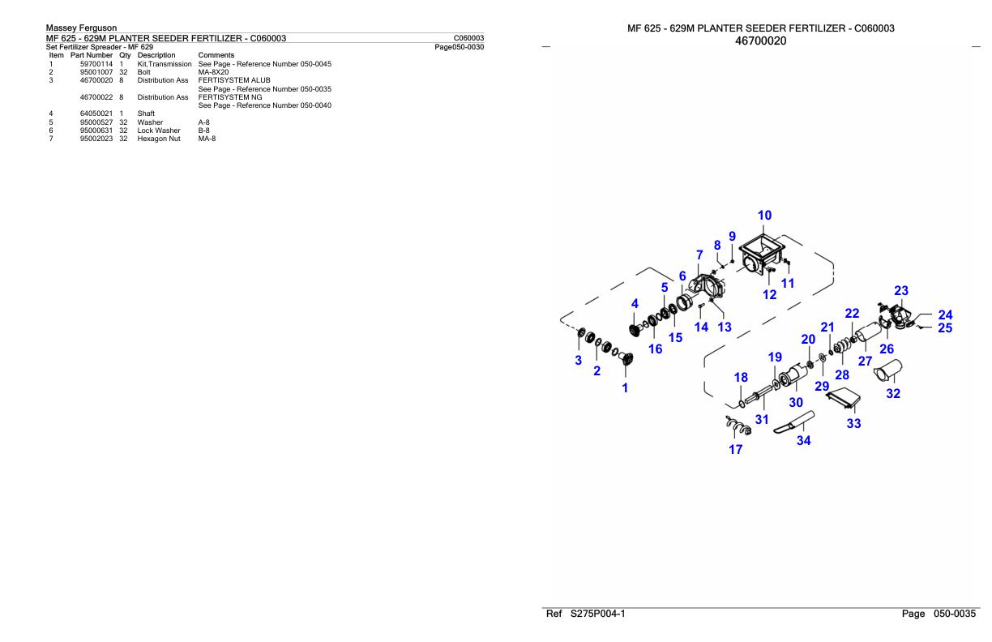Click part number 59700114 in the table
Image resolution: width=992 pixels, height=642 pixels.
pyautogui.click(x=96, y=64)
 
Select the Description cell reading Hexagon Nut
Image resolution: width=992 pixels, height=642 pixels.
pyautogui.click(x=159, y=139)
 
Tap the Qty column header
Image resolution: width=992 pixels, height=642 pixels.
pyautogui.click(x=125, y=55)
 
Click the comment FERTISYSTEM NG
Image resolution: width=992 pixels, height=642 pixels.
pyautogui.click(x=230, y=97)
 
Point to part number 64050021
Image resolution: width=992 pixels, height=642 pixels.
pyautogui.click(x=96, y=113)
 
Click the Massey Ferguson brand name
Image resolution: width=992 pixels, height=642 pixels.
pyautogui.click(x=81, y=28)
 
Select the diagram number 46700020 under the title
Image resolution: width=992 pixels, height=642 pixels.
pyautogui.click(x=760, y=41)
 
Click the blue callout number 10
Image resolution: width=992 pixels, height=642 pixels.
pyautogui.click(x=764, y=216)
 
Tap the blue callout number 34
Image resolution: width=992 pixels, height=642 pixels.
pyautogui.click(x=803, y=440)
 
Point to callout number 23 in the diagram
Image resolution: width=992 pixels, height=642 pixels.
pyautogui.click(x=900, y=291)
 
